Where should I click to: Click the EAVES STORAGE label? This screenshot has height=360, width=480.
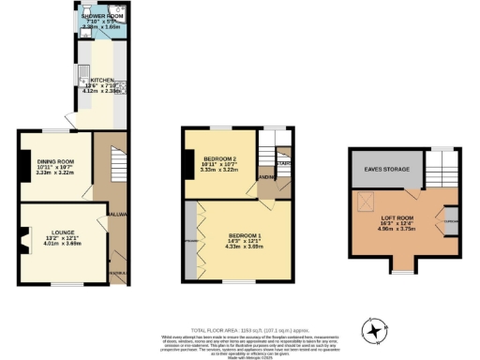tap(383, 169)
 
